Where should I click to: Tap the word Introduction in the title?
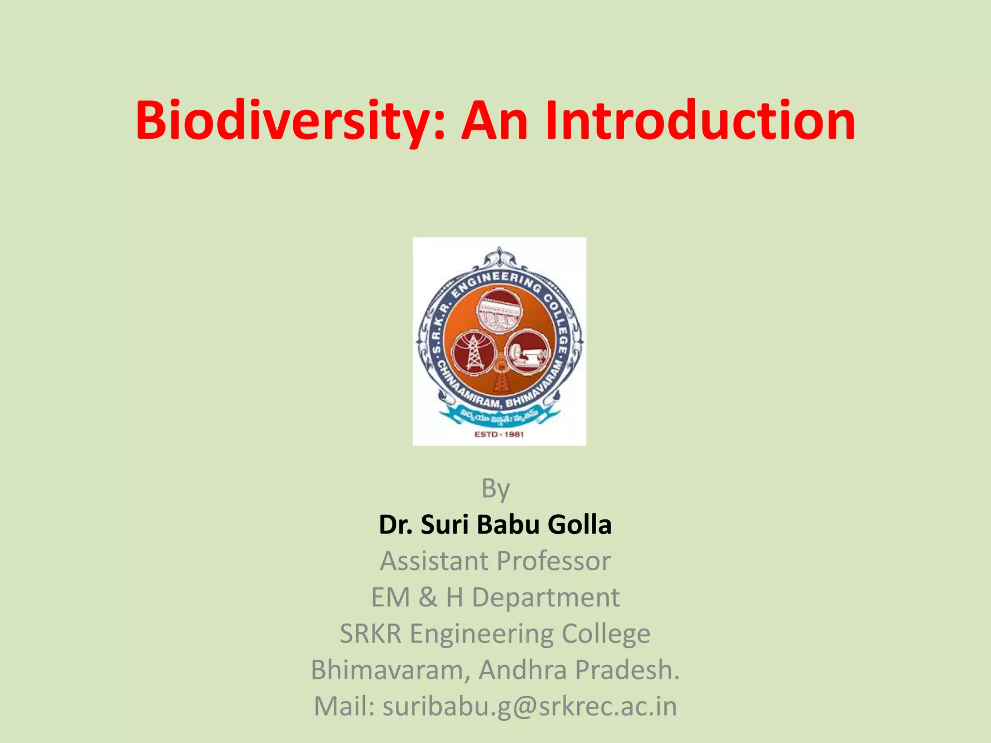point(700,121)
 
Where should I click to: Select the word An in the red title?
point(494,121)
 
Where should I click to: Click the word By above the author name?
point(495,489)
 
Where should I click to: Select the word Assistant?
point(434,561)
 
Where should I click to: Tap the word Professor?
point(554,561)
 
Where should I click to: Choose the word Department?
point(545,597)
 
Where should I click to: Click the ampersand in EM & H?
point(427,597)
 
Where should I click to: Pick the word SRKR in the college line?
point(371,634)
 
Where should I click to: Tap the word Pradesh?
point(628,670)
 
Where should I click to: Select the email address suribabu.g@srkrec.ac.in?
point(530,707)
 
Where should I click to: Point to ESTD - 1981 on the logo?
point(499,434)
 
